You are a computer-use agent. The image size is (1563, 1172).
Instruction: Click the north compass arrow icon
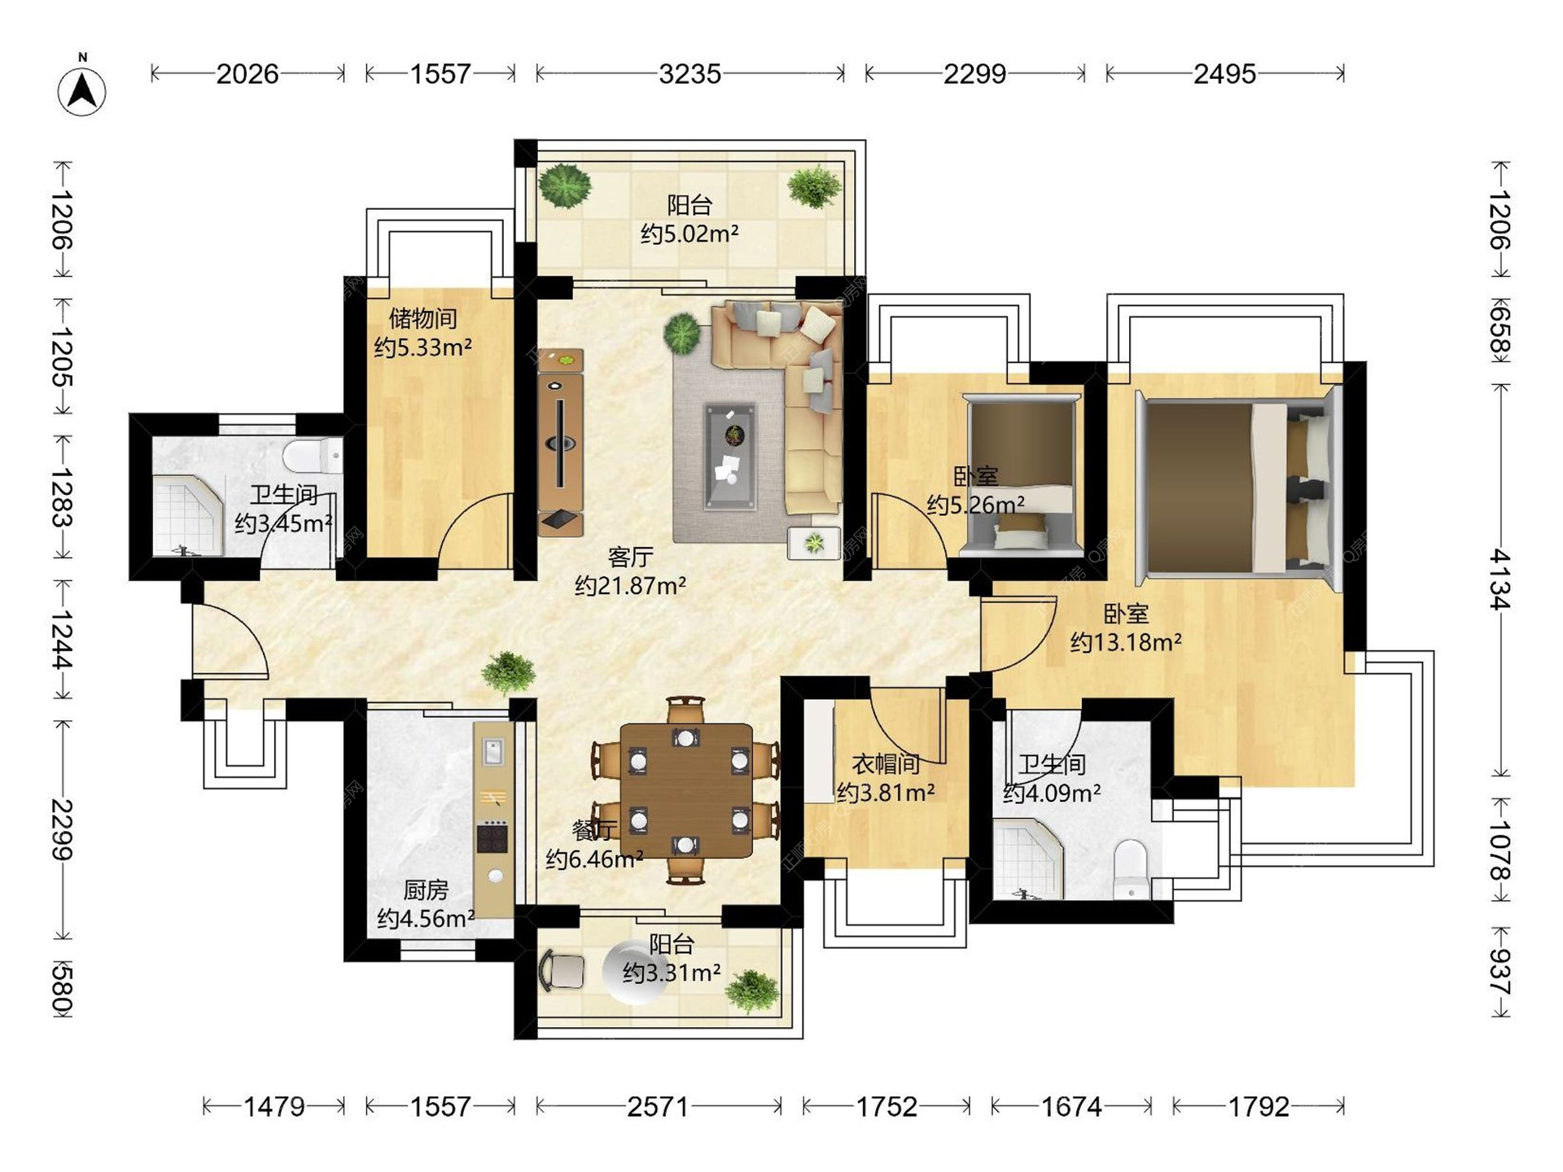click(82, 90)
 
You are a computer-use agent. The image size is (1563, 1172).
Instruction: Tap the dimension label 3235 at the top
click(690, 74)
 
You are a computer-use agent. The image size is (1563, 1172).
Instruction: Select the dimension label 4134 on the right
click(1500, 579)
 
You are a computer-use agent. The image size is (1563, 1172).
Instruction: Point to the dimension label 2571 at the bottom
click(658, 1107)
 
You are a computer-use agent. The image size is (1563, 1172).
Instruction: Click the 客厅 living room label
click(630, 558)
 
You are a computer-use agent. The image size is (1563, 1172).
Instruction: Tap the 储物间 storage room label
click(422, 317)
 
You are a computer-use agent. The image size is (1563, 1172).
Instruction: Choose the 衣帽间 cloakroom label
click(886, 763)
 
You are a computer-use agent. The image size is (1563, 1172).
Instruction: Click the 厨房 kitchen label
click(426, 890)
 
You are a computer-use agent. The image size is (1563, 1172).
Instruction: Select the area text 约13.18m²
click(1126, 642)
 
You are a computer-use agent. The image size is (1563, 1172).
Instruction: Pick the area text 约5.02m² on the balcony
click(690, 234)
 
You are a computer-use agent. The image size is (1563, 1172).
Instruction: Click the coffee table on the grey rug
click(730, 457)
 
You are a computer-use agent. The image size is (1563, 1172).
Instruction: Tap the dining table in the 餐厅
click(686, 790)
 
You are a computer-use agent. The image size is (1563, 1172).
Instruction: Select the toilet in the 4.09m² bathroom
click(1130, 869)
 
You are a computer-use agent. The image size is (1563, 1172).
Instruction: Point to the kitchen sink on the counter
click(493, 751)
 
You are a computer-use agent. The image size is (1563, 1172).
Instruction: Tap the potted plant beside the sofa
click(682, 333)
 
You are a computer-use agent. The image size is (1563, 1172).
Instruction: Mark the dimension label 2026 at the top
click(247, 74)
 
